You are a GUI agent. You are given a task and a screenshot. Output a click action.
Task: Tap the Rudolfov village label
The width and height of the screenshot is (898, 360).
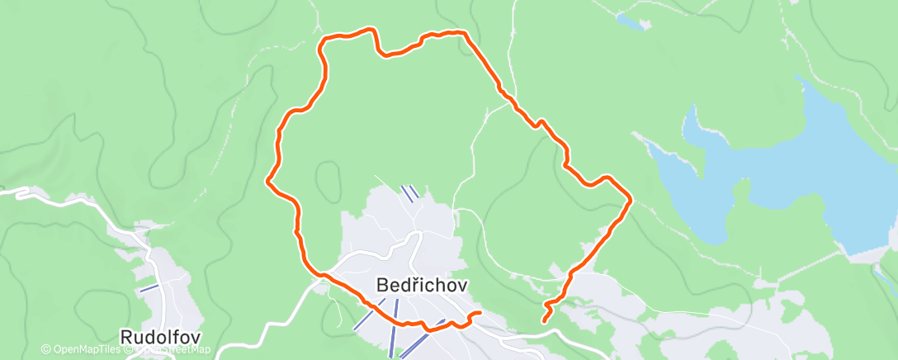tap(160, 337)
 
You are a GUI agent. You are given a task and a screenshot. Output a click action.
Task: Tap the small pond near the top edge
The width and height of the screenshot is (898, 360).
tap(632, 22)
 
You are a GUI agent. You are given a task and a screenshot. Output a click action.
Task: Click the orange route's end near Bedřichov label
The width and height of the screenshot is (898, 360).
tap(479, 313)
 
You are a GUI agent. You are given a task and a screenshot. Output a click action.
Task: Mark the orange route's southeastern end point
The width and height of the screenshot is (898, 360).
tap(545, 320)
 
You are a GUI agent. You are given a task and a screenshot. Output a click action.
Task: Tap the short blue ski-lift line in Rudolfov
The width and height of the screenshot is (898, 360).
tap(149, 288)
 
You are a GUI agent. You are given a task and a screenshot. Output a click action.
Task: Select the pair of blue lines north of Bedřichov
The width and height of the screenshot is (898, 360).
tap(409, 192)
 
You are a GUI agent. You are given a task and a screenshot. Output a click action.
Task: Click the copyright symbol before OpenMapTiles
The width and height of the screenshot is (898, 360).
tap(45, 350)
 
